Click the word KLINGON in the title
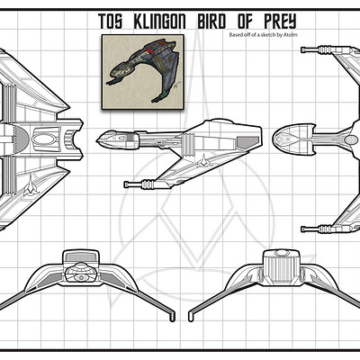[x=160, y=22]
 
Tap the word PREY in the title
[x=280, y=22]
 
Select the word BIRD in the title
[x=211, y=22]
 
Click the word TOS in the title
[x=110, y=22]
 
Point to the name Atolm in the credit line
[x=291, y=35]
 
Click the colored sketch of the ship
[x=143, y=72]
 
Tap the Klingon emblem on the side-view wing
[x=203, y=160]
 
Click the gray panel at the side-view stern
[x=247, y=142]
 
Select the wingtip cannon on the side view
[x=141, y=184]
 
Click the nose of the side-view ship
[x=98, y=139]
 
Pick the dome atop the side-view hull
[x=222, y=121]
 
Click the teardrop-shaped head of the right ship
[x=293, y=139]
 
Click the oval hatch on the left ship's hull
[x=44, y=139]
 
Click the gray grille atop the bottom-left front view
[x=81, y=256]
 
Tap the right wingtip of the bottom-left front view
[x=172, y=317]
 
